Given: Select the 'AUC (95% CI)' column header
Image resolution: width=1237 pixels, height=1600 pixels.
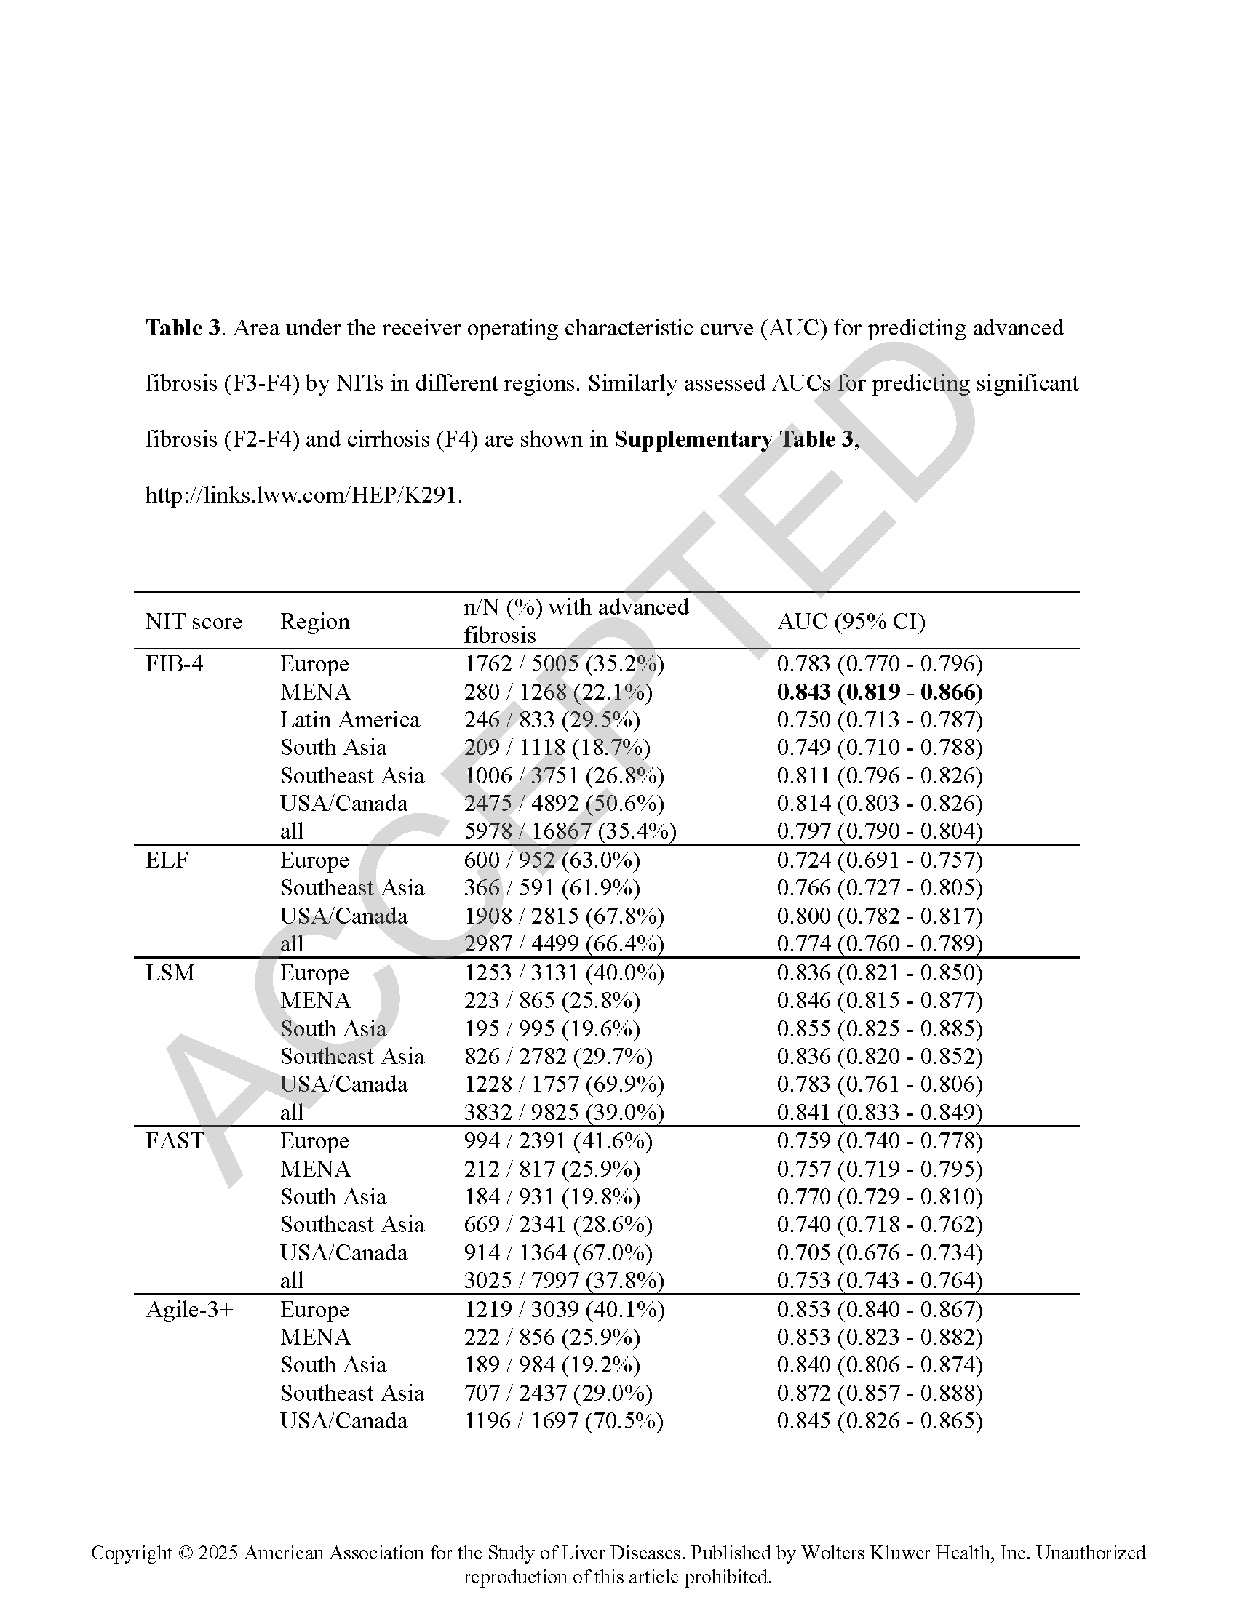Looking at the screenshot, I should click(851, 621).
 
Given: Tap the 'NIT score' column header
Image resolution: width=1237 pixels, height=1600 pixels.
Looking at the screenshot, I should click(194, 621).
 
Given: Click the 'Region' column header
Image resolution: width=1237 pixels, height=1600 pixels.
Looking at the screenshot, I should click(314, 621).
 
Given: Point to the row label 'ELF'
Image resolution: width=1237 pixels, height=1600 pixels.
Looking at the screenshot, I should click(167, 860).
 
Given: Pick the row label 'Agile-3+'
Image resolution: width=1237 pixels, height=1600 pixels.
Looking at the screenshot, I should click(189, 1309).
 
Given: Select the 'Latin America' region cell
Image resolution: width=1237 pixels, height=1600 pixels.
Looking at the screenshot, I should click(349, 719).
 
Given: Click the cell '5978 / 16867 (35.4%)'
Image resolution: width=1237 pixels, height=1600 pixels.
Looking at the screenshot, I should click(570, 831).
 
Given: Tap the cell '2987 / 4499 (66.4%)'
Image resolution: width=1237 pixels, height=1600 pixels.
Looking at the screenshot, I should click(563, 943).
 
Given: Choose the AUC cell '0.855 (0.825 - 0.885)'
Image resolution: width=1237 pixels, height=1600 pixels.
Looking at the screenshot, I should click(880, 1028).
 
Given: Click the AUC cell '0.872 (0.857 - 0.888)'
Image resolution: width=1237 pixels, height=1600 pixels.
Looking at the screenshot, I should click(880, 1393).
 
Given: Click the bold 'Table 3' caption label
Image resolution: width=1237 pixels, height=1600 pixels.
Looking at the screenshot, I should click(183, 327).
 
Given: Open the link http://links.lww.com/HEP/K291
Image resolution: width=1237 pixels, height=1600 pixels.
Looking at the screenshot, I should click(303, 495).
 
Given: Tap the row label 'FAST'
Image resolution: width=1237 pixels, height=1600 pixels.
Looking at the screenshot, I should click(174, 1140).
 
